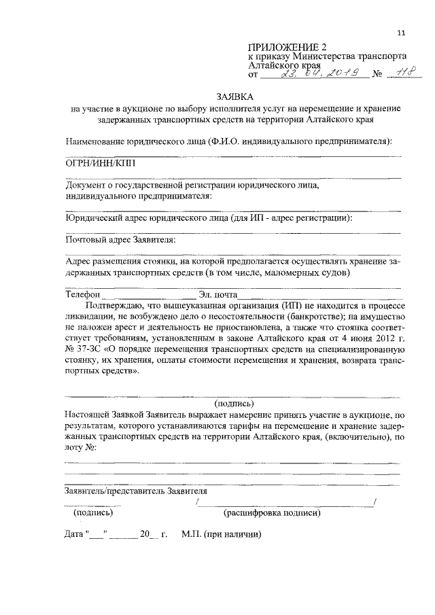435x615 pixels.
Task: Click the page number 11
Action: (401, 32)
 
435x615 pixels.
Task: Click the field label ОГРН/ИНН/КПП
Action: (96, 164)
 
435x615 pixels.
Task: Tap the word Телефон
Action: (82, 296)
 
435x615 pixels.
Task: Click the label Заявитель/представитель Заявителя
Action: (136, 490)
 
